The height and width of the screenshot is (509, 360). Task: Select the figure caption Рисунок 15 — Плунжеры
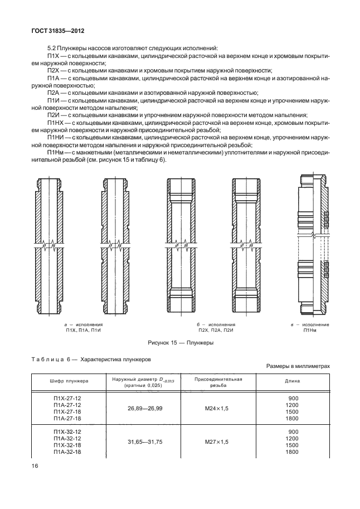click(181, 343)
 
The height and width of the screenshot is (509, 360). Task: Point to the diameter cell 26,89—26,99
click(137, 409)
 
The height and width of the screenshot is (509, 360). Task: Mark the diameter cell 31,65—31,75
click(137, 442)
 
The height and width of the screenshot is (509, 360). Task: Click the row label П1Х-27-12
click(67, 397)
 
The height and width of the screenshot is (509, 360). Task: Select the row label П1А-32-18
click(67, 452)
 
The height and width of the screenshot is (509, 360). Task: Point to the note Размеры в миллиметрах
click(299, 366)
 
